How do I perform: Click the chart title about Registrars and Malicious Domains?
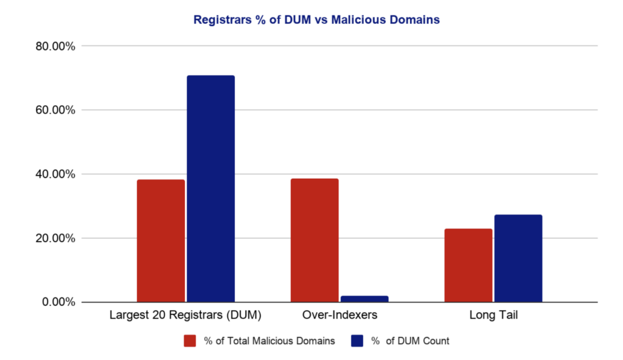click(316, 20)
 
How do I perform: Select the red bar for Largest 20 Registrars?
click(161, 241)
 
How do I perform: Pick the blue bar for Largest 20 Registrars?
click(211, 189)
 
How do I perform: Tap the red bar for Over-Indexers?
click(315, 240)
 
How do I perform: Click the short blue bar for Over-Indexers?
click(364, 299)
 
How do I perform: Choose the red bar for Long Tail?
click(468, 265)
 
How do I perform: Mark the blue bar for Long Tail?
click(518, 258)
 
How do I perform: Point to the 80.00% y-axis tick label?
click(55, 46)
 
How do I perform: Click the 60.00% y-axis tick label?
click(55, 110)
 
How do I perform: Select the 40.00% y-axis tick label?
click(55, 174)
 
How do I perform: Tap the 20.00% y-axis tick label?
click(55, 238)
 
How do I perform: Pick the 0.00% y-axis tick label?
click(58, 302)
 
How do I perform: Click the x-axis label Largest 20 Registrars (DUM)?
click(186, 315)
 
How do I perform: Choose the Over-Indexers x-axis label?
click(339, 315)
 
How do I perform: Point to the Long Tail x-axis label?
click(493, 315)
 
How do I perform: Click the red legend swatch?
click(190, 341)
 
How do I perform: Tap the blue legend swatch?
click(357, 341)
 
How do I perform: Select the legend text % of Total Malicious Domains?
click(270, 341)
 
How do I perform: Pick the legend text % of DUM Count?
click(410, 341)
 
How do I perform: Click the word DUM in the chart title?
click(298, 20)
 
